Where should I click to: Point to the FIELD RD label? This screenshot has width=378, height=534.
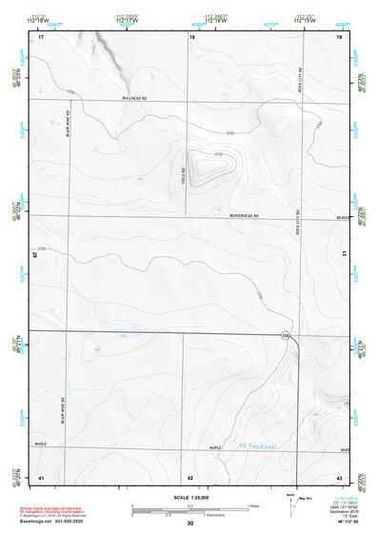[x=183, y=177]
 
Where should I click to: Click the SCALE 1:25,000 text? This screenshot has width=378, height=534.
[x=189, y=498]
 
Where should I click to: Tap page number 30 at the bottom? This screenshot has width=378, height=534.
[x=190, y=524]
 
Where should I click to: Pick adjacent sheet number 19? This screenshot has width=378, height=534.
[x=339, y=36]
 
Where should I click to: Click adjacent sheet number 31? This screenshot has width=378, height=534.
[x=345, y=253]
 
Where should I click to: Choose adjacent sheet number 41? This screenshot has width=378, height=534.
[x=41, y=477]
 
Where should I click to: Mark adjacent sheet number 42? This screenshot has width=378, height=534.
[x=190, y=477]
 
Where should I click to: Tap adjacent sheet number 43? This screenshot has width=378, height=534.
[x=340, y=477]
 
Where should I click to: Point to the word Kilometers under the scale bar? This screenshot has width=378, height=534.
[x=189, y=516]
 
